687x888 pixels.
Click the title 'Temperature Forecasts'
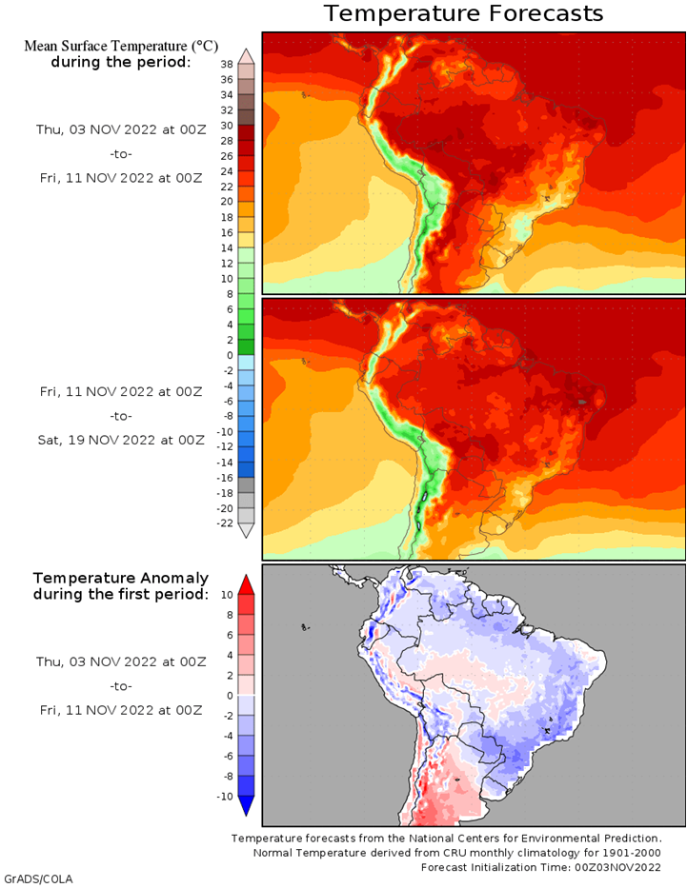point(464,13)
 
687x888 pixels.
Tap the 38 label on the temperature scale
point(227,65)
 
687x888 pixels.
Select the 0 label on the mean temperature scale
point(230,356)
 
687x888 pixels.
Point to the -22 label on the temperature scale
point(225,523)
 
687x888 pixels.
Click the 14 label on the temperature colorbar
point(227,248)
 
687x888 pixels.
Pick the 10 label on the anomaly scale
point(227,595)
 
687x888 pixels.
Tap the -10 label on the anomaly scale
point(225,797)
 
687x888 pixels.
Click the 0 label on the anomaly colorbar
point(230,696)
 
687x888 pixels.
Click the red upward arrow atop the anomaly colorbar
point(246,585)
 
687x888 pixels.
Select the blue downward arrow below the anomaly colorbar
point(246,806)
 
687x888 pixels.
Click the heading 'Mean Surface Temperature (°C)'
point(121,46)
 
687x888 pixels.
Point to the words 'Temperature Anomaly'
point(121,579)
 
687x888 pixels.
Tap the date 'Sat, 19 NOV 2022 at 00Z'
point(121,440)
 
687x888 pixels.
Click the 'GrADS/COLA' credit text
point(38,878)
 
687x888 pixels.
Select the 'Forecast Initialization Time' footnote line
point(541,868)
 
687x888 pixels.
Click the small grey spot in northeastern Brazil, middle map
point(583,402)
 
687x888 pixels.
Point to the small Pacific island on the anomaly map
point(305,627)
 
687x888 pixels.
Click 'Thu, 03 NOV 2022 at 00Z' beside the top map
point(121,129)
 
